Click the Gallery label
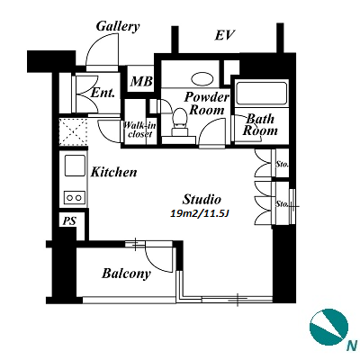pos(118,26)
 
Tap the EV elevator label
pos(224,35)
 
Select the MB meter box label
pos(141,81)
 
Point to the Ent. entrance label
pos(103,93)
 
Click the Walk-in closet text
pos(139,130)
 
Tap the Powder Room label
pos(206,103)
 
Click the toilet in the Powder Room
pos(180,122)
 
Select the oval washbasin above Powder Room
pos(202,79)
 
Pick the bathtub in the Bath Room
pos(261,93)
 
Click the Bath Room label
pos(260,125)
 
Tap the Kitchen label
pos(113,172)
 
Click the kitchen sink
pos(75,166)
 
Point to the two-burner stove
pos(75,197)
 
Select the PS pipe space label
pos(69,221)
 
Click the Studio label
pos(202,199)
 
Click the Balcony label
pos(126,274)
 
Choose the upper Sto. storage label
pos(282,165)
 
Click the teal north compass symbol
pos(329,328)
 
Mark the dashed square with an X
pos(73,132)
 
